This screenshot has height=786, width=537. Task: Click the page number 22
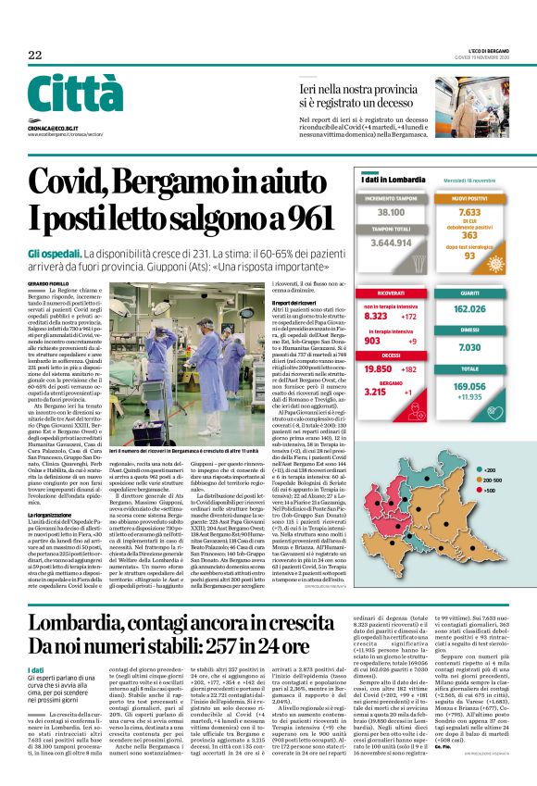[35, 55]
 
